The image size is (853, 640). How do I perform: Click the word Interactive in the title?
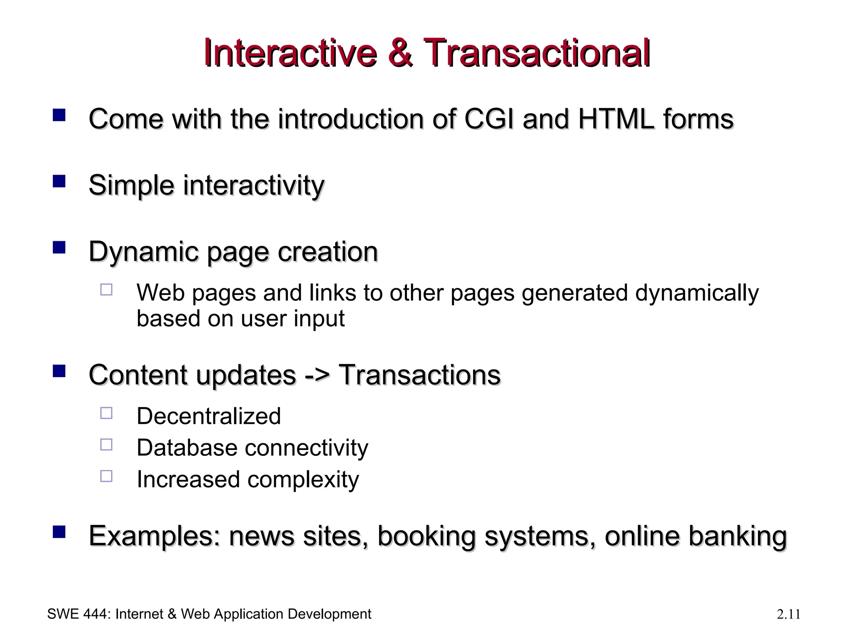pos(290,53)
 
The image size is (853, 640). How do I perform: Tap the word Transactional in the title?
pos(536,53)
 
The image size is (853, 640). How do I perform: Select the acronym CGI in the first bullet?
pos(489,119)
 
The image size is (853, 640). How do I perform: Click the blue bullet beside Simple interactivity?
pos(59,182)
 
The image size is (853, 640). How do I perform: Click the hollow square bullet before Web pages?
pos(106,290)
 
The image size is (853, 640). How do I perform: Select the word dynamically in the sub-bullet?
pos(696,293)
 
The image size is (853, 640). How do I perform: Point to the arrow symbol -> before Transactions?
pos(317,375)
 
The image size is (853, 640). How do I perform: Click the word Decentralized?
pos(209,416)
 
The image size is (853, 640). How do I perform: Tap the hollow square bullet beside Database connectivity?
pos(106,445)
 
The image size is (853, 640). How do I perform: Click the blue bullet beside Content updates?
pos(59,371)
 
